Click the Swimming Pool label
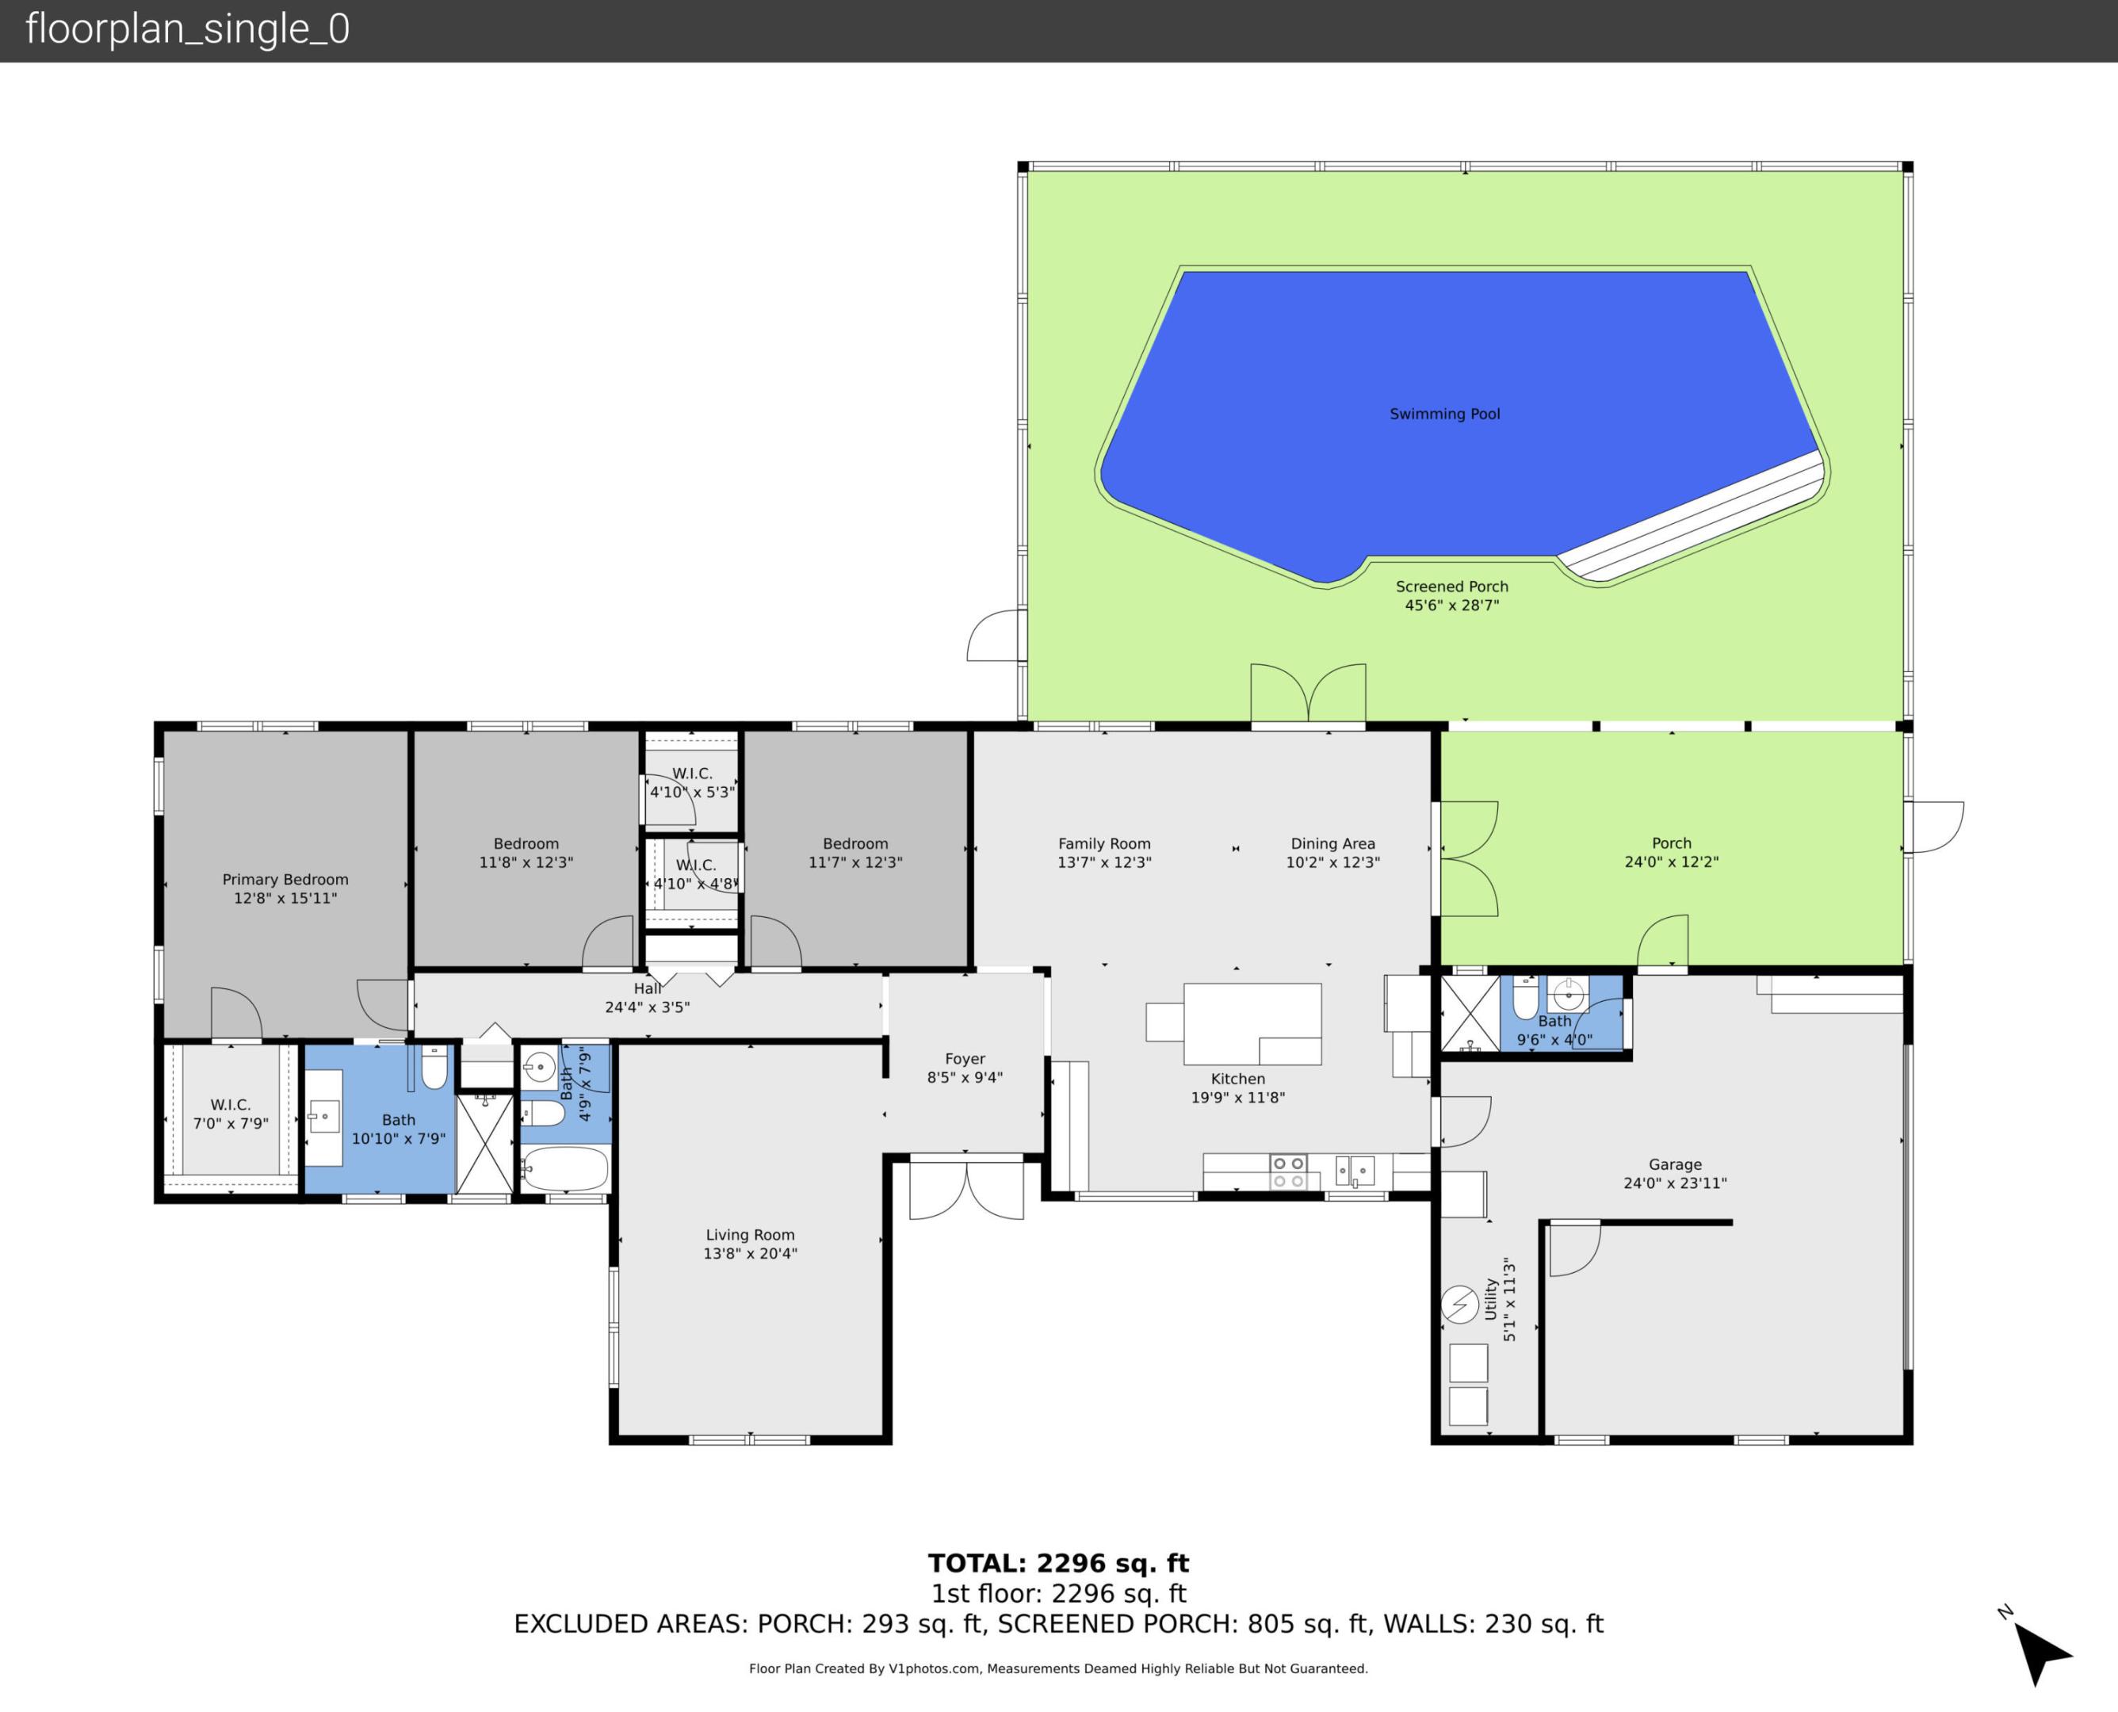pos(1444,415)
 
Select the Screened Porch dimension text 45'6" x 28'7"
pos(1451,606)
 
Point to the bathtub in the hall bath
pos(564,1171)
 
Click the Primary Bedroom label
pos(285,880)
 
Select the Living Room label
pos(749,1235)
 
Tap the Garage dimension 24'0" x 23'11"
pos(1674,1183)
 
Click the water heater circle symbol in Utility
pos(1459,1305)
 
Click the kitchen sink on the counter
pos(1355,1171)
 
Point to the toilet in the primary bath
pos(434,1067)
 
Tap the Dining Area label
pos(1332,843)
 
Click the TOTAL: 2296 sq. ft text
pos(1058,1563)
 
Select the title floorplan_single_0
pos(187,29)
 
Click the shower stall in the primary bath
pos(484,1144)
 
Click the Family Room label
pos(1103,843)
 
